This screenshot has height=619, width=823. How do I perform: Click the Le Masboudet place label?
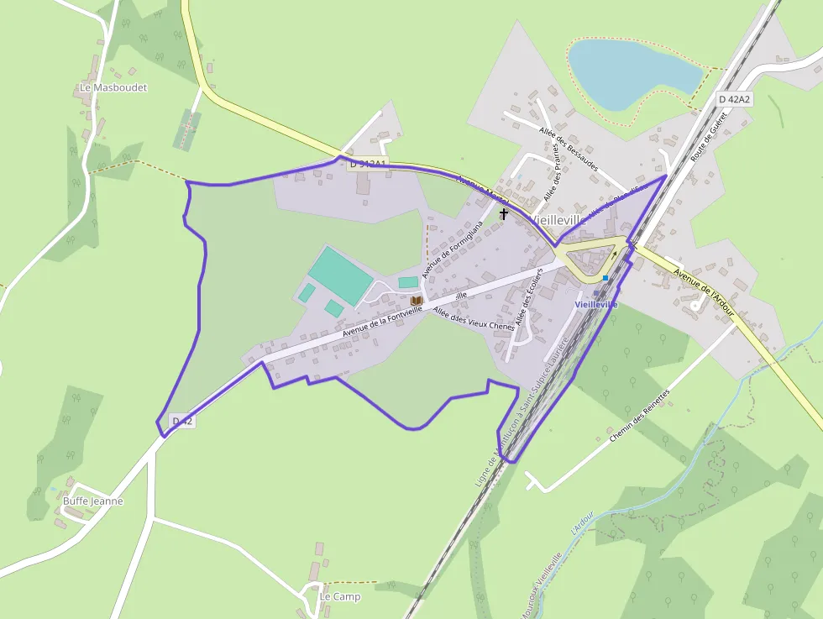click(x=113, y=87)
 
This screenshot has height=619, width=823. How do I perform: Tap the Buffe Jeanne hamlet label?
click(x=92, y=501)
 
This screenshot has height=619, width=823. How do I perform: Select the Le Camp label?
click(x=339, y=597)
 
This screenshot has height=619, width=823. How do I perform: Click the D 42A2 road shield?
click(x=734, y=99)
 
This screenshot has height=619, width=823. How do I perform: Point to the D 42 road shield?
click(x=183, y=421)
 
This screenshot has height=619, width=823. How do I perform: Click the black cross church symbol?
click(x=504, y=214)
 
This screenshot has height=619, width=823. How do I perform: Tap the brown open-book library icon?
click(x=416, y=300)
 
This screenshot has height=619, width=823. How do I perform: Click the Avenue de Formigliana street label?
click(x=453, y=250)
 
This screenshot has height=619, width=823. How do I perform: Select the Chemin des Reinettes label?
click(x=639, y=417)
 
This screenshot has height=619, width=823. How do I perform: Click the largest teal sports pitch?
click(x=340, y=274)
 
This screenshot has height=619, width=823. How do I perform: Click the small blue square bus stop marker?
click(x=605, y=278)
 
